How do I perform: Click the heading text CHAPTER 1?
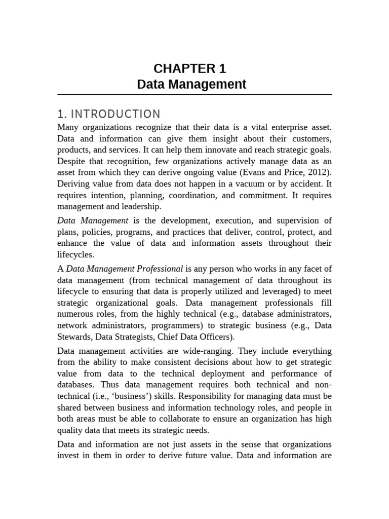pos(190,68)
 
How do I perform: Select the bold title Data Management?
pos(191,84)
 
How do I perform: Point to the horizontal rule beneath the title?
pos(194,95)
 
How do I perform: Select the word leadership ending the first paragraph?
pos(140,206)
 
